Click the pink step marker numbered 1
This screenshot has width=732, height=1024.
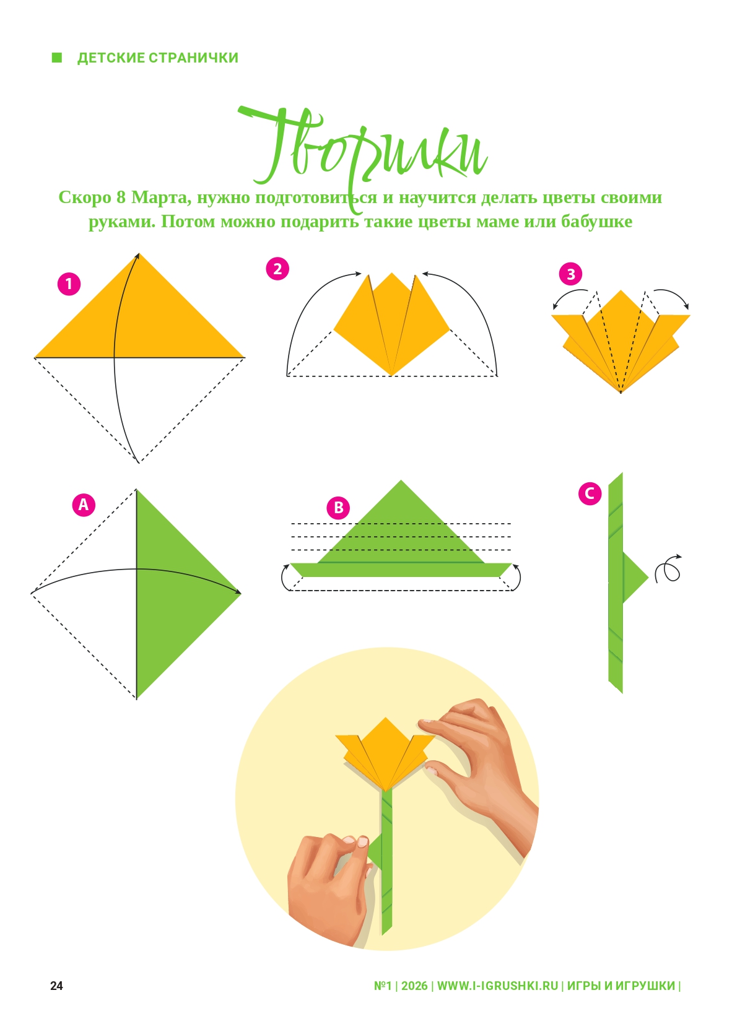point(69,284)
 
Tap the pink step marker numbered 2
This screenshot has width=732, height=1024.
point(277,269)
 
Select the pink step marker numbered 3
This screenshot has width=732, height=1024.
point(570,274)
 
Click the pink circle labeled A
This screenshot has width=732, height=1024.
point(84,505)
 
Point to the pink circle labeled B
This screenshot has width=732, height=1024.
point(338,508)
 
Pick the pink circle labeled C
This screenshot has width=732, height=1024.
point(590,493)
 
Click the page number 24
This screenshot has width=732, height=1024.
point(56,986)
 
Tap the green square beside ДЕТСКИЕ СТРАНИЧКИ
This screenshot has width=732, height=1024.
point(57,58)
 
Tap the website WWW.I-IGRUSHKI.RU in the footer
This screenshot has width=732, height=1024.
point(497,986)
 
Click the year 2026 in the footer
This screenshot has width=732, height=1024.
point(414,986)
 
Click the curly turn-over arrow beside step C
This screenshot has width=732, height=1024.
point(668,570)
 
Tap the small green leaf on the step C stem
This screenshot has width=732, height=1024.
point(634,578)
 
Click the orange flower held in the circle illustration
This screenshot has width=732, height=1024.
point(385,754)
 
